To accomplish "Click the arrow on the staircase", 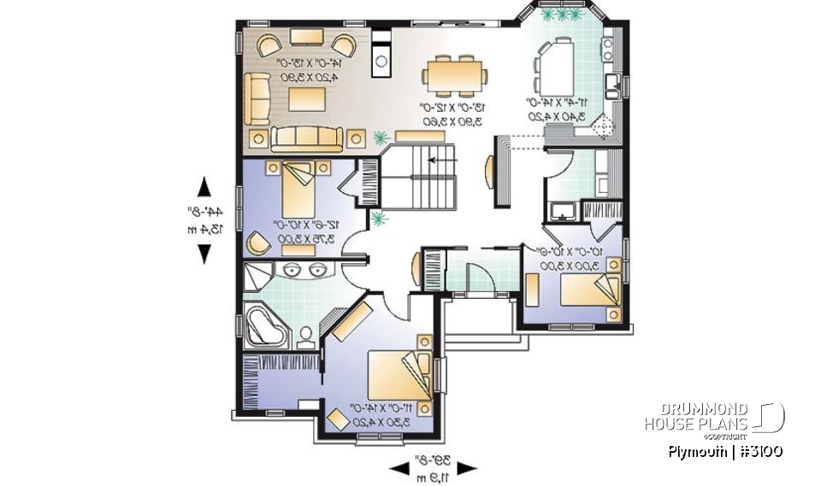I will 437,160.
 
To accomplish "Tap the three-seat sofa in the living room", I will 305,137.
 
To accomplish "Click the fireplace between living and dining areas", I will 382,61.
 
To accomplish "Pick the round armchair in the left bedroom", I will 256,244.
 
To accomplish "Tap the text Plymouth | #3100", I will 725,452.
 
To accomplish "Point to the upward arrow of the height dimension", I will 204,187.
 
